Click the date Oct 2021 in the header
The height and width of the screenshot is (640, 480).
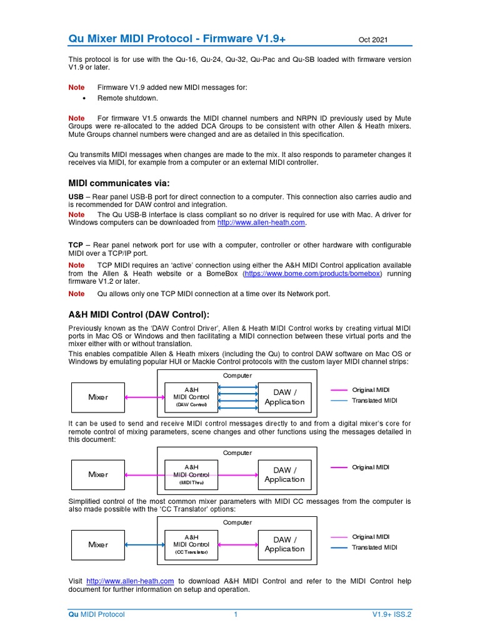tap(373, 40)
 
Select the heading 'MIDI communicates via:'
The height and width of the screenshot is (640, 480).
tap(118, 183)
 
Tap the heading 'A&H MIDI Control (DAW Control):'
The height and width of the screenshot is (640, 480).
tap(139, 314)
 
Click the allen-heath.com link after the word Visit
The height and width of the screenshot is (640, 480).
tap(130, 581)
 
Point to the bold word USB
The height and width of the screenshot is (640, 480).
tap(76, 196)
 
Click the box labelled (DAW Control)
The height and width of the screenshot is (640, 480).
tap(192, 397)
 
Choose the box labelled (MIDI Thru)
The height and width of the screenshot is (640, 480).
tap(192, 474)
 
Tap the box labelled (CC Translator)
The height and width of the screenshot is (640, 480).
tap(192, 544)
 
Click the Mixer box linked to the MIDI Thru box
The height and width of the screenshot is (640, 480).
tap(98, 474)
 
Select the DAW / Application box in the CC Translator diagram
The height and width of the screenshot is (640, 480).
tap(284, 544)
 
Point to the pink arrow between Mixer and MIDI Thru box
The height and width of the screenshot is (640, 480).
tap(144, 474)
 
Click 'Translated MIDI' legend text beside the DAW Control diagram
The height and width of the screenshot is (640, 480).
tap(374, 401)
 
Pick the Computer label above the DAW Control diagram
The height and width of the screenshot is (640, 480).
tap(237, 376)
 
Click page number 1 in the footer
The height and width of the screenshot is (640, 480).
tap(236, 614)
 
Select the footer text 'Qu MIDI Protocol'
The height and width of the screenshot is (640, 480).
tap(96, 614)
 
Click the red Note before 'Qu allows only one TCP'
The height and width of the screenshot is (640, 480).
tap(76, 294)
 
